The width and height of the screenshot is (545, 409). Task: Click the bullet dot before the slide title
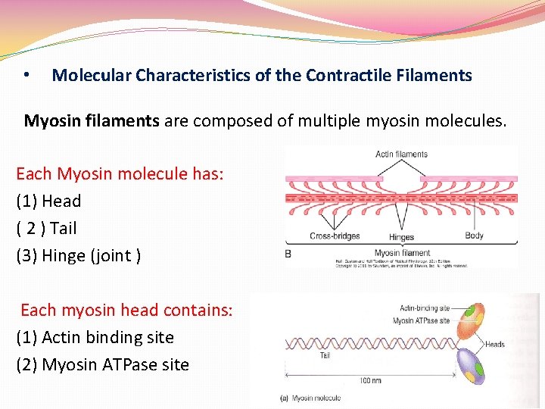26,75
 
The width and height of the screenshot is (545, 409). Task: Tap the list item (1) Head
48,201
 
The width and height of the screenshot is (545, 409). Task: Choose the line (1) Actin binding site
95,337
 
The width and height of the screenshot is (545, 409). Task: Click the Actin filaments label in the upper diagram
401,155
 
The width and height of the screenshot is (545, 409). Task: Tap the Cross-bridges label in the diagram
335,236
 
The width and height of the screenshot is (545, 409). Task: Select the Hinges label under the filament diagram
401,238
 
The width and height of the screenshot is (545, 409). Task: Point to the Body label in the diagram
474,236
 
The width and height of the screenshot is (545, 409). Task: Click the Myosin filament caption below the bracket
402,253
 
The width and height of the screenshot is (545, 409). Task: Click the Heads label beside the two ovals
494,345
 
